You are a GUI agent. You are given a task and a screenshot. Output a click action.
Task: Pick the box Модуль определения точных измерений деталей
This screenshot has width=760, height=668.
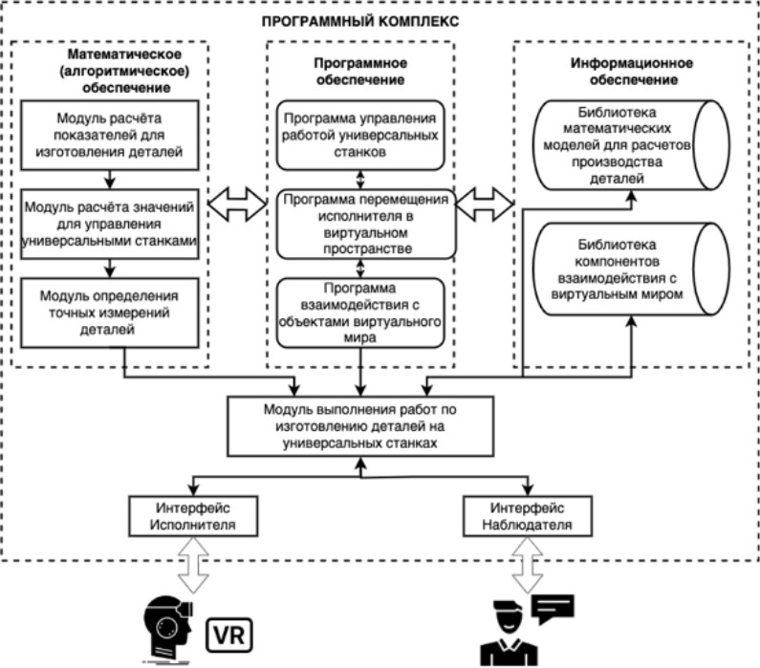point(114,307)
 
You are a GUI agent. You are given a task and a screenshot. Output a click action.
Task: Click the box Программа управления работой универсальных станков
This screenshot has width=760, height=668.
point(360,131)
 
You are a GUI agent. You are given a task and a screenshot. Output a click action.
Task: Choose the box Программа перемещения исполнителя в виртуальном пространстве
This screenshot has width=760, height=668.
point(360,223)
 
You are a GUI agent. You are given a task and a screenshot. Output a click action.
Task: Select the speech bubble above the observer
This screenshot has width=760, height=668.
point(552,607)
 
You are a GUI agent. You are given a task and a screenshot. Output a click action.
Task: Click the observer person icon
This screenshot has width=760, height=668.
point(507,636)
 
